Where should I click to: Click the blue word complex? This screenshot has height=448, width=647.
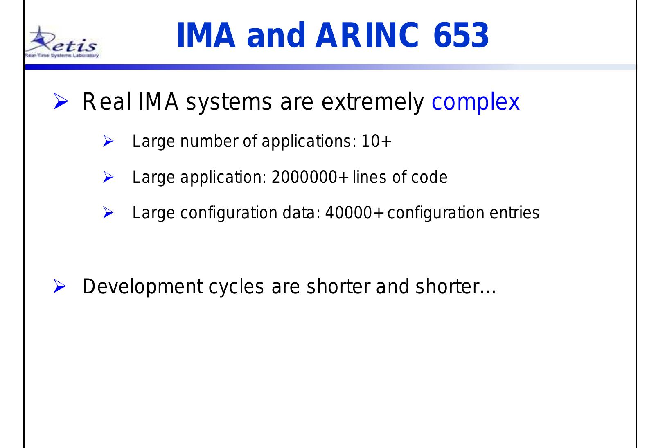(x=476, y=102)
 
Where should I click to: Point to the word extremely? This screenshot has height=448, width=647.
(x=372, y=102)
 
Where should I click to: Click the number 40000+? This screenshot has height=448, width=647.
(x=354, y=213)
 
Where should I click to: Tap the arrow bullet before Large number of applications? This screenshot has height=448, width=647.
(x=108, y=141)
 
